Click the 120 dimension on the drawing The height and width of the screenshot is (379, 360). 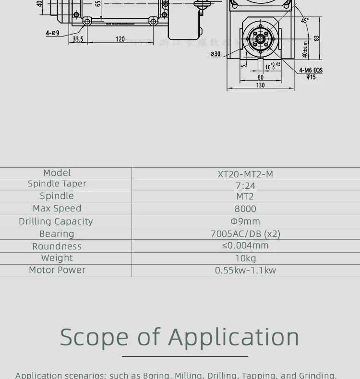[120, 39]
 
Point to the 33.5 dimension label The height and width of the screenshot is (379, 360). [78, 39]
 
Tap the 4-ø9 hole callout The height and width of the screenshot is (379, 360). [52, 33]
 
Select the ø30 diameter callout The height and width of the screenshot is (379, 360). [216, 54]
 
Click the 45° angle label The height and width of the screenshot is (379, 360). [305, 21]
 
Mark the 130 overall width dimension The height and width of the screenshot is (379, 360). [260, 85]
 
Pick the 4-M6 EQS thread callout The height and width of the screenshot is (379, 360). [311, 70]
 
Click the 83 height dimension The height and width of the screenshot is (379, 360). [316, 38]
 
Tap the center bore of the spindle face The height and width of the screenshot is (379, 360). [260, 39]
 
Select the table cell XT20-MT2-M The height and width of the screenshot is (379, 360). [245, 174]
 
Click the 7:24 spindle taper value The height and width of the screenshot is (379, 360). [245, 185]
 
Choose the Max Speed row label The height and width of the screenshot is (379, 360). [57, 208]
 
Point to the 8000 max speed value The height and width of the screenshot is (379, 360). [245, 209]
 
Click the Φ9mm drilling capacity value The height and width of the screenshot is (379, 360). [245, 221]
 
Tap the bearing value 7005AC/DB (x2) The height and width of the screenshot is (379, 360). [245, 234]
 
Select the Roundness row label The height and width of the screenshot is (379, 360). [57, 246]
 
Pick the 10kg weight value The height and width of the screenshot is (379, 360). [245, 258]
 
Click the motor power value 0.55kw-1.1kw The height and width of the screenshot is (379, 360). [245, 270]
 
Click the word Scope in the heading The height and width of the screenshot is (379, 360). [94, 337]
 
